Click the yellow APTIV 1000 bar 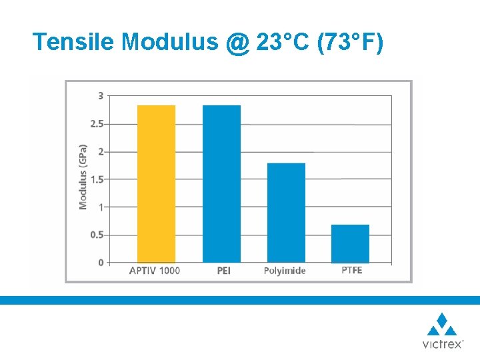(x=156, y=183)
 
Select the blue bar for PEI (x=221, y=183)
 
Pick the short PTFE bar (x=350, y=243)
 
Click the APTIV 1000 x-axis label (x=154, y=271)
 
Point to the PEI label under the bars (x=223, y=271)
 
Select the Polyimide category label (x=285, y=271)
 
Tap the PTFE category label (x=351, y=271)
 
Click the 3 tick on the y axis (x=101, y=96)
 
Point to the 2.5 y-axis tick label (x=97, y=124)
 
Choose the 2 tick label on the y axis (x=101, y=152)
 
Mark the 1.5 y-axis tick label (x=97, y=179)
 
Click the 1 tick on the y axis (x=101, y=207)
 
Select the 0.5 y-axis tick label (x=97, y=235)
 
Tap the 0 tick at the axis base (x=101, y=263)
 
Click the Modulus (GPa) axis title (x=83, y=176)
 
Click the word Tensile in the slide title (x=73, y=42)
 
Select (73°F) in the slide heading (x=351, y=42)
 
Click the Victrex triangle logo (x=442, y=325)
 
